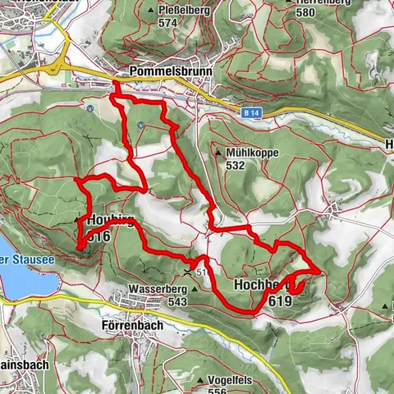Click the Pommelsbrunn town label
[x=171, y=71]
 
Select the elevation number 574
[x=168, y=23]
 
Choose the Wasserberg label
[x=153, y=290]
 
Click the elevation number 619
[x=279, y=301]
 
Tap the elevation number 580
[x=305, y=11]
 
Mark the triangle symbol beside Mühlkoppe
[x=218, y=153]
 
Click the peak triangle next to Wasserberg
[x=194, y=290]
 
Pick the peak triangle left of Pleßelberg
[x=149, y=11]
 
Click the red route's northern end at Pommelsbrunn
[x=114, y=82]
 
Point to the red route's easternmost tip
[x=319, y=270]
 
